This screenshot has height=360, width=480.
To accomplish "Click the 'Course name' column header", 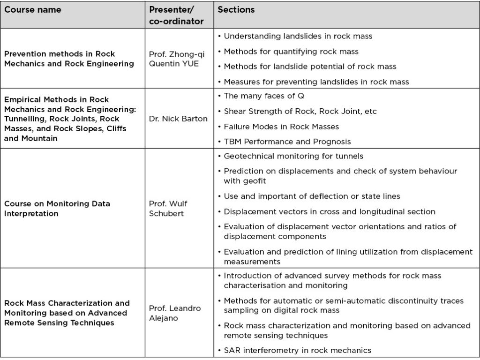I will click(x=33, y=10).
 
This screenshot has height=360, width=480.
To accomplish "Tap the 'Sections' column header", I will click(x=236, y=10).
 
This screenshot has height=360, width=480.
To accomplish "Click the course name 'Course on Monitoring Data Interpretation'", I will click(x=57, y=209).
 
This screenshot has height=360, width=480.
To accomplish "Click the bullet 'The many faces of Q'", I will click(x=264, y=96).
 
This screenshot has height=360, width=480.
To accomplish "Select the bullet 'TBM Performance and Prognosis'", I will click(x=287, y=141).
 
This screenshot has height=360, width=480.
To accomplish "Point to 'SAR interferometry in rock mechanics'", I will click(x=297, y=350).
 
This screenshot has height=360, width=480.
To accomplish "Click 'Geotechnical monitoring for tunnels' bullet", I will click(x=293, y=156).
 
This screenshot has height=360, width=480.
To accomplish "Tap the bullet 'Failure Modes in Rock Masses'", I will click(x=281, y=126).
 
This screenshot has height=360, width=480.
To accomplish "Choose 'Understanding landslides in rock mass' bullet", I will click(x=298, y=36).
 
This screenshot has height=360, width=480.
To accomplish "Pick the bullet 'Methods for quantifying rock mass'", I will click(x=291, y=51).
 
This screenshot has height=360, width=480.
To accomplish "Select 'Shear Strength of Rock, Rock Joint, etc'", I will click(x=300, y=111).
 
